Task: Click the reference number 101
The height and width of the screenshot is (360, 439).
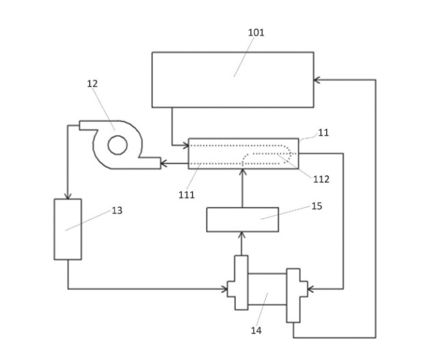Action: click(x=256, y=32)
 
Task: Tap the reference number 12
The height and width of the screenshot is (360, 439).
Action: click(x=92, y=83)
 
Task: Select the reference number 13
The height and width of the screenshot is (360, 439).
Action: click(x=117, y=210)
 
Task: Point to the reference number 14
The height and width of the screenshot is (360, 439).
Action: click(x=256, y=331)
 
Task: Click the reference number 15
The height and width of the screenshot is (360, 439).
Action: click(x=316, y=205)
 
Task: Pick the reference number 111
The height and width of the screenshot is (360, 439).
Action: click(x=186, y=195)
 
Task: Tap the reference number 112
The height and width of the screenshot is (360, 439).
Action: click(x=321, y=179)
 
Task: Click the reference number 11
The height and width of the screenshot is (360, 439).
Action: click(x=323, y=133)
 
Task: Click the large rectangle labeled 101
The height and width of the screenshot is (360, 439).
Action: click(x=232, y=79)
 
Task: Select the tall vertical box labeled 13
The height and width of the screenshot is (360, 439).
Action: click(x=68, y=229)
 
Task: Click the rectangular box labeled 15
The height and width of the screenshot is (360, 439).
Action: click(x=242, y=219)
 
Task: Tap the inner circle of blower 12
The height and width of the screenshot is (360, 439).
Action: click(x=118, y=144)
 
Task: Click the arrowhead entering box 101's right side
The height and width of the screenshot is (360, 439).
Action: click(x=317, y=80)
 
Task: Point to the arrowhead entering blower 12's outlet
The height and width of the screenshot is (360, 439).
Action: click(x=164, y=164)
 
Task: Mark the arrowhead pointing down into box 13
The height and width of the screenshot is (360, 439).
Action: click(x=68, y=194)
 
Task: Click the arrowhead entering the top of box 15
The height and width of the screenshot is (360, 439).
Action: click(x=242, y=235)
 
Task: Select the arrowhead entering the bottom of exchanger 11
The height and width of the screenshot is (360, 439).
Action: click(x=242, y=172)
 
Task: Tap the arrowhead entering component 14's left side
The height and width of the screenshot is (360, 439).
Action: click(x=230, y=289)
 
